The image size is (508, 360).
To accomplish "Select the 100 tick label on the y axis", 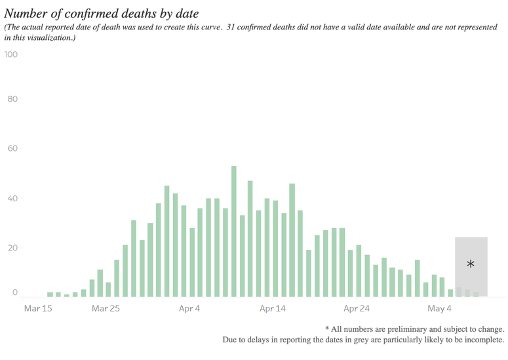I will tap(11, 54).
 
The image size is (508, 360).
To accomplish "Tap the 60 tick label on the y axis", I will tap(12, 149).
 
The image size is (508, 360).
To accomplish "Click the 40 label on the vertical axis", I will tap(12, 199).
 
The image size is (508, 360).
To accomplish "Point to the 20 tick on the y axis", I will tap(12, 248).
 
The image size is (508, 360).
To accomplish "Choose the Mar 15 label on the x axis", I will tap(38, 308).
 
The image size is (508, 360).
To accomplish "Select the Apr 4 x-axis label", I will tap(189, 308).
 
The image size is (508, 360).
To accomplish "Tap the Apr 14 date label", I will tap(273, 308).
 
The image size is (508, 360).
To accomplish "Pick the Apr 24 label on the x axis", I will tap(357, 308).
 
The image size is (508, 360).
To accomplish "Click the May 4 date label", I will tap(439, 308).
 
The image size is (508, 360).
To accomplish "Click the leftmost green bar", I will tap(50, 294).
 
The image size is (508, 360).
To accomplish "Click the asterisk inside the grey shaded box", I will tap(471, 264).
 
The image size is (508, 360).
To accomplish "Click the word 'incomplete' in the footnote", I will tap(482, 340).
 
